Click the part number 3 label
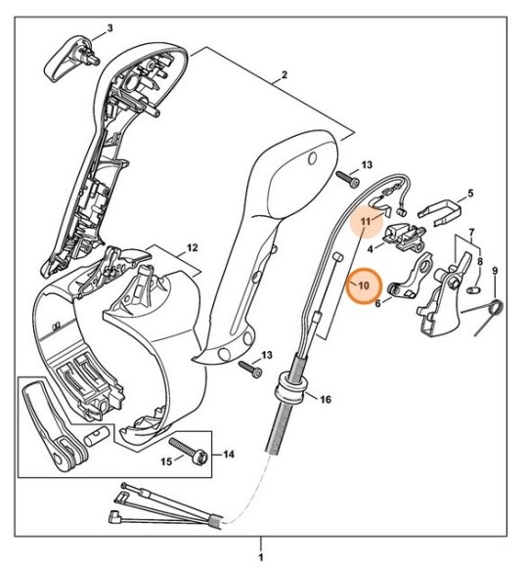point(109,27)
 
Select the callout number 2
point(284,75)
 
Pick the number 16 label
point(326,399)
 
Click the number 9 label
point(495,271)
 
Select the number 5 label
point(469,194)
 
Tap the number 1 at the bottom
point(261,556)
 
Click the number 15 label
point(166,460)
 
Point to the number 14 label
point(230,454)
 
